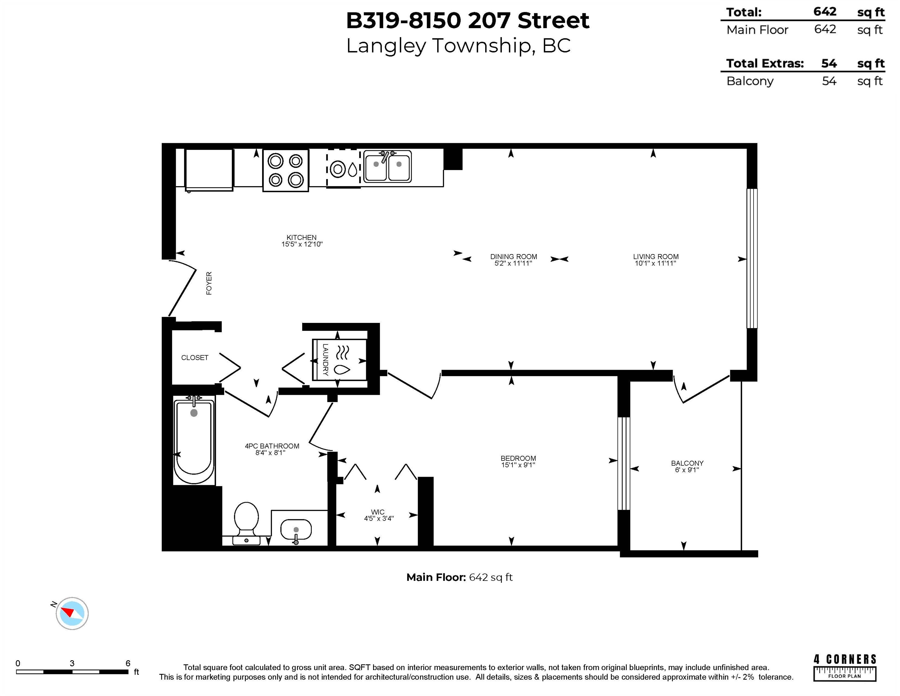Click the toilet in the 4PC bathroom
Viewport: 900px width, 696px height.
tap(246, 522)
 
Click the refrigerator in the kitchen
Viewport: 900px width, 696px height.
tap(209, 169)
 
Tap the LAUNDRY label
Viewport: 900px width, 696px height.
tap(325, 359)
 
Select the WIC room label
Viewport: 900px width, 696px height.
tap(377, 512)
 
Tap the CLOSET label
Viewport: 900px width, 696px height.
tap(194, 357)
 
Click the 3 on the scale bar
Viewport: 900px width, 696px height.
tap(72, 663)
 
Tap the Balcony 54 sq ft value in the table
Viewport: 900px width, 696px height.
tap(829, 81)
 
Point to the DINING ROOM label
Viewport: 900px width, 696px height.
tap(514, 256)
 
